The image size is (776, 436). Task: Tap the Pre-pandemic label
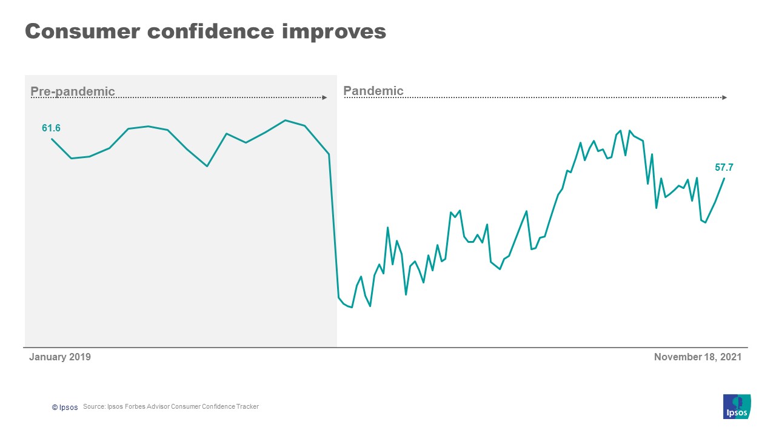(73, 91)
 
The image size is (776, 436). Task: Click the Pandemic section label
(373, 91)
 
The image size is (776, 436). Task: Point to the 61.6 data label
(51, 128)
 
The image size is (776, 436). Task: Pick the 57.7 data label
(724, 167)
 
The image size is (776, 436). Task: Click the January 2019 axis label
(60, 357)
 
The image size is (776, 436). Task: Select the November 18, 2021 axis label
(697, 357)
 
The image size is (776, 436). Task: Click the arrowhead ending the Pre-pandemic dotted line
(325, 97)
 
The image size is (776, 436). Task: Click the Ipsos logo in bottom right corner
(737, 406)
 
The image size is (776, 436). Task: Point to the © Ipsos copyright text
(65, 407)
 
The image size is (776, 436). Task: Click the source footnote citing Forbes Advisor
(171, 406)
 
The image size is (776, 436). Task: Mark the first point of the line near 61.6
(52, 139)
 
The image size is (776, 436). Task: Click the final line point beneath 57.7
(724, 179)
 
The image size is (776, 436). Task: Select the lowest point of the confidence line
(352, 308)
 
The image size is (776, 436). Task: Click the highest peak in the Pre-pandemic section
(285, 120)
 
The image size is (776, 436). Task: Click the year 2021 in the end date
(731, 357)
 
